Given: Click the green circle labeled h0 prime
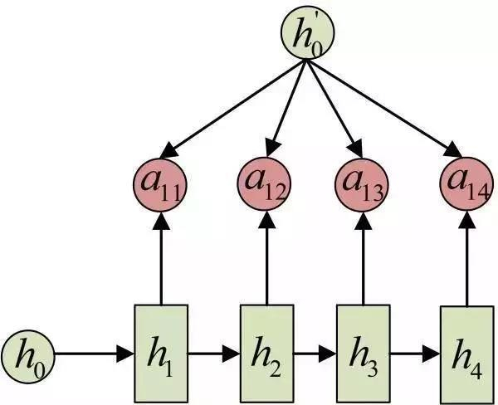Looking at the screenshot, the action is (307, 32).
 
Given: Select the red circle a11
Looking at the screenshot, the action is (159, 185).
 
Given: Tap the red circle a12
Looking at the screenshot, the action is (264, 183).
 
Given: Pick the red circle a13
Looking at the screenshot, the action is (362, 184).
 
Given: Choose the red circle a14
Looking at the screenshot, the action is (466, 183).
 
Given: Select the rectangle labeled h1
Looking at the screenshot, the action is (161, 354).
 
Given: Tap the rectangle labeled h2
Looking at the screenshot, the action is (266, 354).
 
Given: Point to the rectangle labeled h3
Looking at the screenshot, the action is (364, 354).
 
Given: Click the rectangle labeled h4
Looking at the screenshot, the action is (467, 355).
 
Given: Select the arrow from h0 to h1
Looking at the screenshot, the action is (95, 354).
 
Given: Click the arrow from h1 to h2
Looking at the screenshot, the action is (214, 354).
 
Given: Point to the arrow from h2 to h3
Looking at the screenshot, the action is (315, 354).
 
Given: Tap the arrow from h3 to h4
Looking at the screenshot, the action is (416, 354).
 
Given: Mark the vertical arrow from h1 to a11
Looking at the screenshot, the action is (161, 259).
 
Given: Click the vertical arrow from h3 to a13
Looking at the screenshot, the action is (364, 258).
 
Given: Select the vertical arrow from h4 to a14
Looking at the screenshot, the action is (467, 259).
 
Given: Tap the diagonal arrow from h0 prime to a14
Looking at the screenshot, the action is (386, 109).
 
